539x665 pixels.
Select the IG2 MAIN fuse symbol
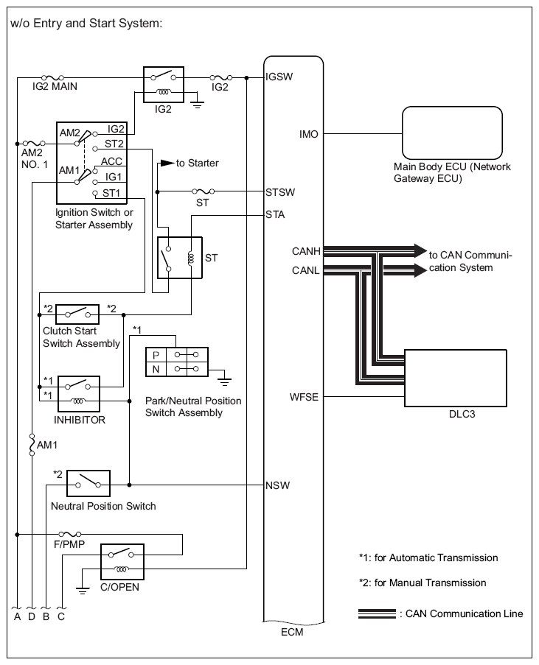pyautogui.click(x=52, y=77)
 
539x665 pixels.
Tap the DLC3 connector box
pyautogui.click(x=456, y=378)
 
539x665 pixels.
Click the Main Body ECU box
pyautogui.click(x=452, y=133)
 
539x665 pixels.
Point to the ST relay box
pyautogui.click(x=180, y=258)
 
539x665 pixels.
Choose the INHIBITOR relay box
pyautogui.click(x=79, y=393)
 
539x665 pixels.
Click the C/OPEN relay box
pyautogui.click(x=122, y=562)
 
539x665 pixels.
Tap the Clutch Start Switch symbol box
pyautogui.click(x=77, y=314)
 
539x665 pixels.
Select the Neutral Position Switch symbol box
pyautogui.click(x=88, y=484)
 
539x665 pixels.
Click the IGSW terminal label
pyautogui.click(x=279, y=77)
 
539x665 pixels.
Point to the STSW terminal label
pyautogui.click(x=280, y=192)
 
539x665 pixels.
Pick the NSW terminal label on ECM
pyautogui.click(x=277, y=485)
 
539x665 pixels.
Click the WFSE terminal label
pyautogui.click(x=304, y=397)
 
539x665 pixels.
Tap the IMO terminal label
pyautogui.click(x=309, y=134)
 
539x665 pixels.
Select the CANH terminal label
pyautogui.click(x=306, y=252)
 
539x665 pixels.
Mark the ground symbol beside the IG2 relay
pyautogui.click(x=197, y=105)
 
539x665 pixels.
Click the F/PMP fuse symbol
pyautogui.click(x=69, y=535)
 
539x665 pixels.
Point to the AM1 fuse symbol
pyautogui.click(x=32, y=445)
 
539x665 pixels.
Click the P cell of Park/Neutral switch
pyautogui.click(x=156, y=355)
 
